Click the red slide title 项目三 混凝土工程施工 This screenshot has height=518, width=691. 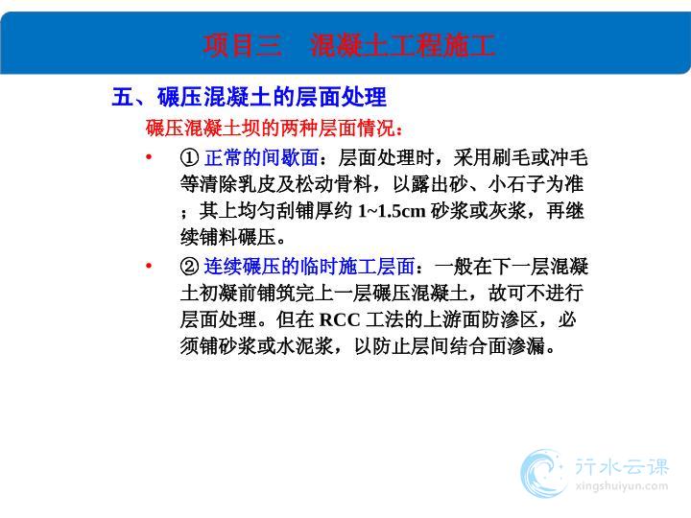coord(349,45)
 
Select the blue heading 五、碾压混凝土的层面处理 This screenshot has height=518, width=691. coord(250,97)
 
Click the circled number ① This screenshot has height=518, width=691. coord(189,157)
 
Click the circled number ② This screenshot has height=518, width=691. coord(189,266)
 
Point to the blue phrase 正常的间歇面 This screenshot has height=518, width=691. coord(261,157)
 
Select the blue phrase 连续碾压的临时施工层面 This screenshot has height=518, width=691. coord(309,266)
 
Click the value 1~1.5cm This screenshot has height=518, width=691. coord(392,211)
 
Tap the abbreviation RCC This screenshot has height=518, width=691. coord(340,319)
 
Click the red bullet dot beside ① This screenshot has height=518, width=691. coord(149,156)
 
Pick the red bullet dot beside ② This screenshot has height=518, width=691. coord(149,266)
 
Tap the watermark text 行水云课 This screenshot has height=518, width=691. coord(622,466)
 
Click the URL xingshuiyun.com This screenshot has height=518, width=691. coord(622,486)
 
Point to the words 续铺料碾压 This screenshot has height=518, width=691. coord(227,238)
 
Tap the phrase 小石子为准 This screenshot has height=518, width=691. coord(536,184)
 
